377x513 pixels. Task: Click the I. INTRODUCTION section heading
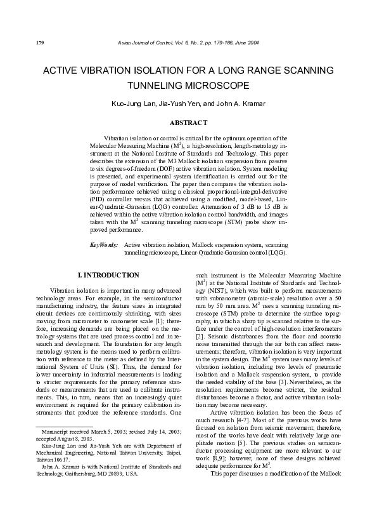(108, 275)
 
